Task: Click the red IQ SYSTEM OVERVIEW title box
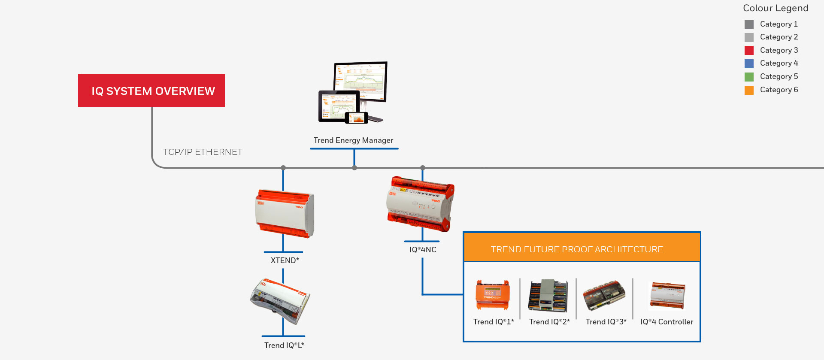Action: coord(151,90)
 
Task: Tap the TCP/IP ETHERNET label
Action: coord(203,152)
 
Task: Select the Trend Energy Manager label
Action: coord(353,140)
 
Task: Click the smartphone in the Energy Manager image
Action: coord(357,118)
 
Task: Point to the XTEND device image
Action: coord(285,213)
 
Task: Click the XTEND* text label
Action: coord(285,260)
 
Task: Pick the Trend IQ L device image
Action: coord(280,300)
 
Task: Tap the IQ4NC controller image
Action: coord(421,204)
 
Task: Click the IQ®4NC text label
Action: coord(423,250)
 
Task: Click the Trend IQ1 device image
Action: coord(493,295)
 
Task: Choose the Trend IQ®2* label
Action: coord(549,322)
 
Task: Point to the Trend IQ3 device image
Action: coord(604,296)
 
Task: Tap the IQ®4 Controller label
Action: coord(666,322)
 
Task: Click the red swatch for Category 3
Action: coord(749,50)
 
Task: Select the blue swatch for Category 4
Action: coord(749,64)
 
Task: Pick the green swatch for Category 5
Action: coord(749,77)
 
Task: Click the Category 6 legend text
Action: coord(779,90)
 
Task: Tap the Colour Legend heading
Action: coord(776,8)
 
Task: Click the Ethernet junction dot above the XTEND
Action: coord(283,168)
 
